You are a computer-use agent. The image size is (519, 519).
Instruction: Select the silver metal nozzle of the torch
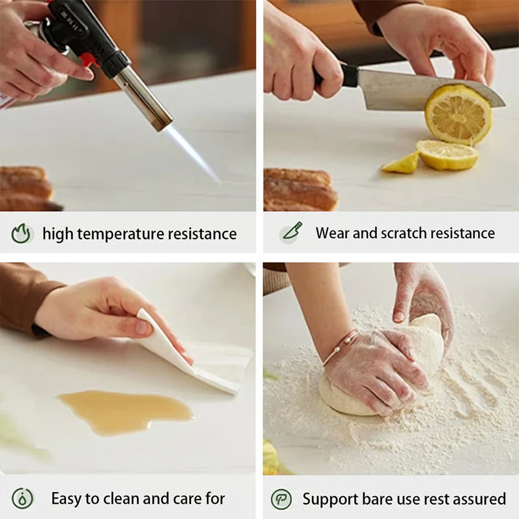tap(144, 99)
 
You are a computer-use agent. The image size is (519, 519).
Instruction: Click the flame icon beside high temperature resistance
tap(21, 234)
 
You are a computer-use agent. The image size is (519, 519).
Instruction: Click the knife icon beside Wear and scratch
tap(291, 232)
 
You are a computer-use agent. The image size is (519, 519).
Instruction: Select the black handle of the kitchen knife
tap(334, 76)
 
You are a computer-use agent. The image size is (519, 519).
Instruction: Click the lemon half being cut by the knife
tap(459, 114)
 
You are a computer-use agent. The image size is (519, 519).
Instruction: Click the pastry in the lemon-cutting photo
tap(300, 190)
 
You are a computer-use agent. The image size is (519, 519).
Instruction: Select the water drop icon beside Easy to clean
tap(22, 498)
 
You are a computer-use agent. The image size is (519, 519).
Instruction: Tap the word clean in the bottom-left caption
tap(120, 499)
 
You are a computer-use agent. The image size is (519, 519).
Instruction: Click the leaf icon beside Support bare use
tap(281, 499)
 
